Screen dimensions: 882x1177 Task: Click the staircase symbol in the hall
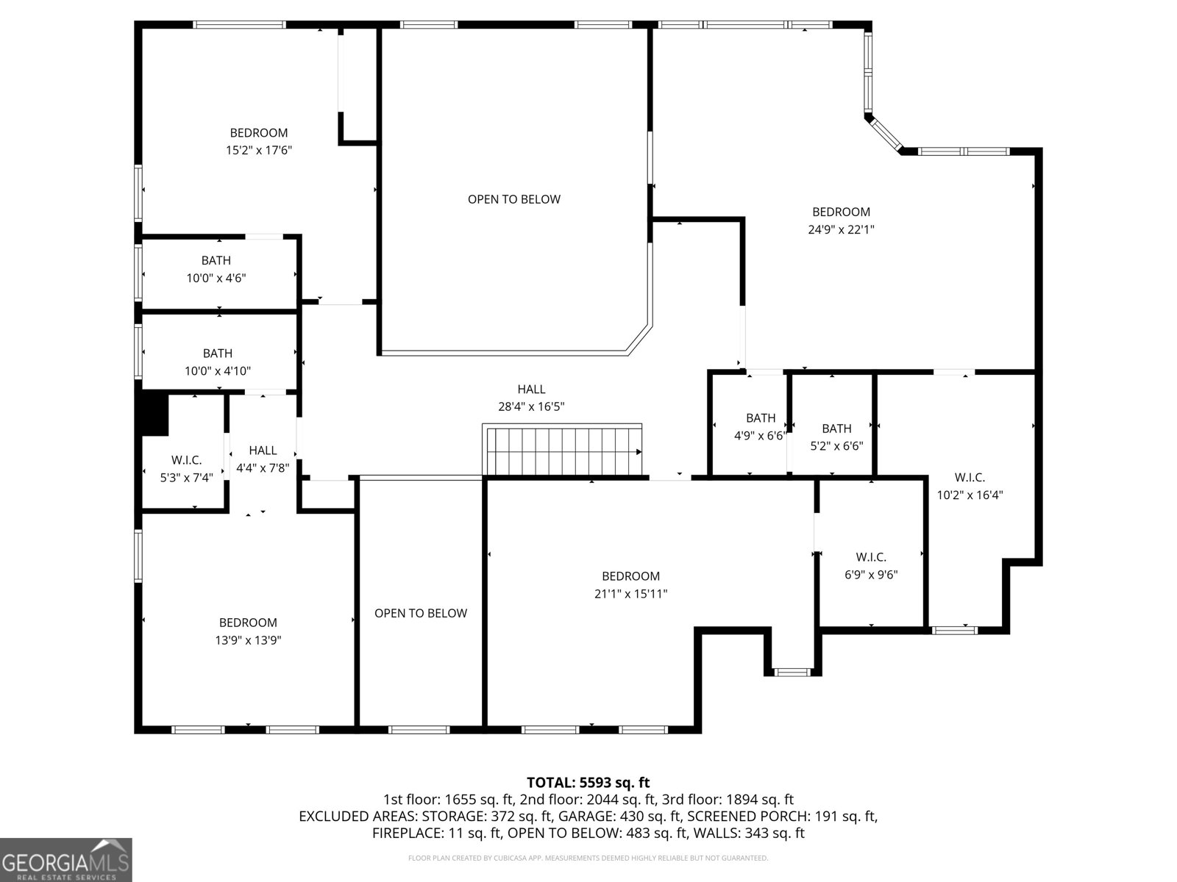click(563, 450)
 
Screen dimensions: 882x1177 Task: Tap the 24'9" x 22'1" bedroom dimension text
click(841, 229)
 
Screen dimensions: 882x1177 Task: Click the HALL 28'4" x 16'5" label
click(531, 398)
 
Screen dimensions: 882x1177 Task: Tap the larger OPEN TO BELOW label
click(513, 199)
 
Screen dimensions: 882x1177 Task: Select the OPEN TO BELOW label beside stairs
click(420, 613)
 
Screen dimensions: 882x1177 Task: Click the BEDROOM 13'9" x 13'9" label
click(248, 631)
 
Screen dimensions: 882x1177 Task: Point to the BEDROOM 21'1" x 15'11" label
click(630, 585)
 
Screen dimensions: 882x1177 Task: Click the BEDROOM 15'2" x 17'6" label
click(258, 141)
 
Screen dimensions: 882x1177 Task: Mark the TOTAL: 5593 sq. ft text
click(588, 783)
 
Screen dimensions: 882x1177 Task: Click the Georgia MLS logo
click(65, 860)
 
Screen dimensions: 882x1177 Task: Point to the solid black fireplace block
click(154, 415)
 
